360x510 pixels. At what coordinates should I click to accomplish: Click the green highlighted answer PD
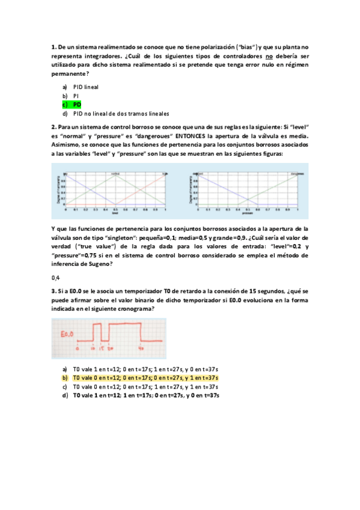77,105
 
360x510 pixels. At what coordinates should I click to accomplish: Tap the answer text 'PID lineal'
86,87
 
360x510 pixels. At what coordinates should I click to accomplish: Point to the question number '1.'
53,46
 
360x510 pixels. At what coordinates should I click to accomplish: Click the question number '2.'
53,127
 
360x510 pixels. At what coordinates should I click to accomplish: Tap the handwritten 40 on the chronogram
141,348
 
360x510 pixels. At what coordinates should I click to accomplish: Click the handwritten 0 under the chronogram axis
77,348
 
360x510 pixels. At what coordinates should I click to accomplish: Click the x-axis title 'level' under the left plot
115,214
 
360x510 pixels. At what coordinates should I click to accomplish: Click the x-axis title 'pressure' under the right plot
248,214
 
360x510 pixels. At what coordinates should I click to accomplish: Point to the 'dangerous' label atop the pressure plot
295,173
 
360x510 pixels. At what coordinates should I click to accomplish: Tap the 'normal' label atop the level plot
115,173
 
